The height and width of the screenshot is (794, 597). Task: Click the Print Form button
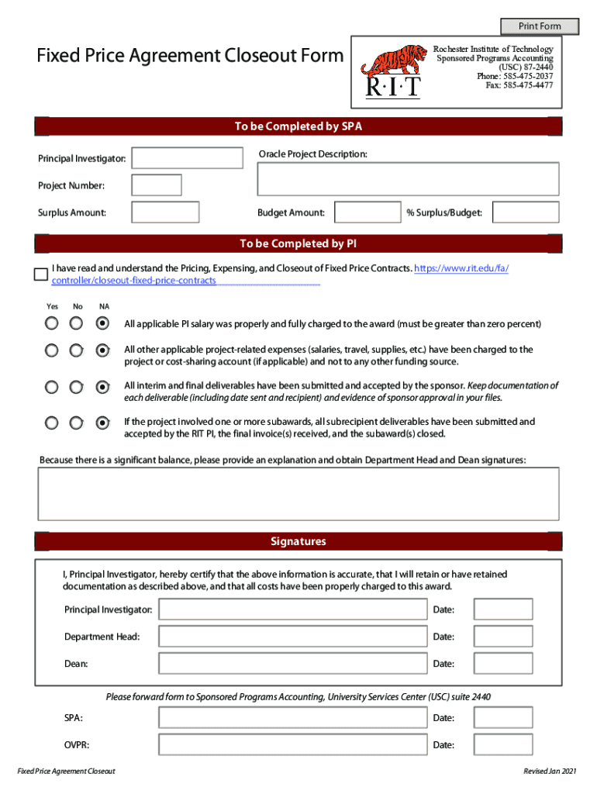click(x=539, y=26)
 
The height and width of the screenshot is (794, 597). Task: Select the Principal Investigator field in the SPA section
click(x=187, y=158)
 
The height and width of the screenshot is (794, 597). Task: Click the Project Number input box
click(x=157, y=185)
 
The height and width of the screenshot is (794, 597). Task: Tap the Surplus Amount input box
click(x=165, y=212)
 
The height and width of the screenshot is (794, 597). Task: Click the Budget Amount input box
click(x=368, y=212)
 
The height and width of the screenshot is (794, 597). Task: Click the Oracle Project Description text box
click(x=408, y=179)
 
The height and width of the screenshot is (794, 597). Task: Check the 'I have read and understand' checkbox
click(x=41, y=274)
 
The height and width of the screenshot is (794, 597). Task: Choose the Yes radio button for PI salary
click(x=51, y=323)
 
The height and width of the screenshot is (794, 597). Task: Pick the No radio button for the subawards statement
click(x=76, y=423)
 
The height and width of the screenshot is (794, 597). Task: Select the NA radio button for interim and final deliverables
click(x=102, y=386)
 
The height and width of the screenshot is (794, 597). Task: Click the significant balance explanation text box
click(x=298, y=495)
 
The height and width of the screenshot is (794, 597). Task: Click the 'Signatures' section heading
click(x=298, y=541)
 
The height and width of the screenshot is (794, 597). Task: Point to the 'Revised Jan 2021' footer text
click(x=550, y=772)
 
